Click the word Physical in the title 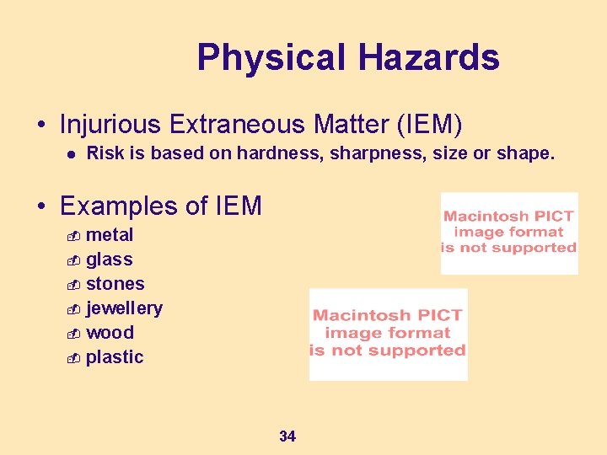pyautogui.click(x=271, y=58)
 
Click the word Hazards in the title pyautogui.click(x=428, y=58)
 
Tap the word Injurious pyautogui.click(x=110, y=125)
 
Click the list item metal pyautogui.click(x=110, y=235)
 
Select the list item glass pyautogui.click(x=110, y=260)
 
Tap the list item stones pyautogui.click(x=115, y=284)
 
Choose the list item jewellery pyautogui.click(x=125, y=308)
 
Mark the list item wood pyautogui.click(x=110, y=333)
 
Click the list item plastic pyautogui.click(x=115, y=357)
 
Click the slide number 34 pyautogui.click(x=287, y=436)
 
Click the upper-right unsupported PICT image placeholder pyautogui.click(x=509, y=233)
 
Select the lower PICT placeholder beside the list pyautogui.click(x=388, y=334)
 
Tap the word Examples pyautogui.click(x=118, y=206)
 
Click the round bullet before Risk pyautogui.click(x=73, y=154)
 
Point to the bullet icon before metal pyautogui.click(x=73, y=236)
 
